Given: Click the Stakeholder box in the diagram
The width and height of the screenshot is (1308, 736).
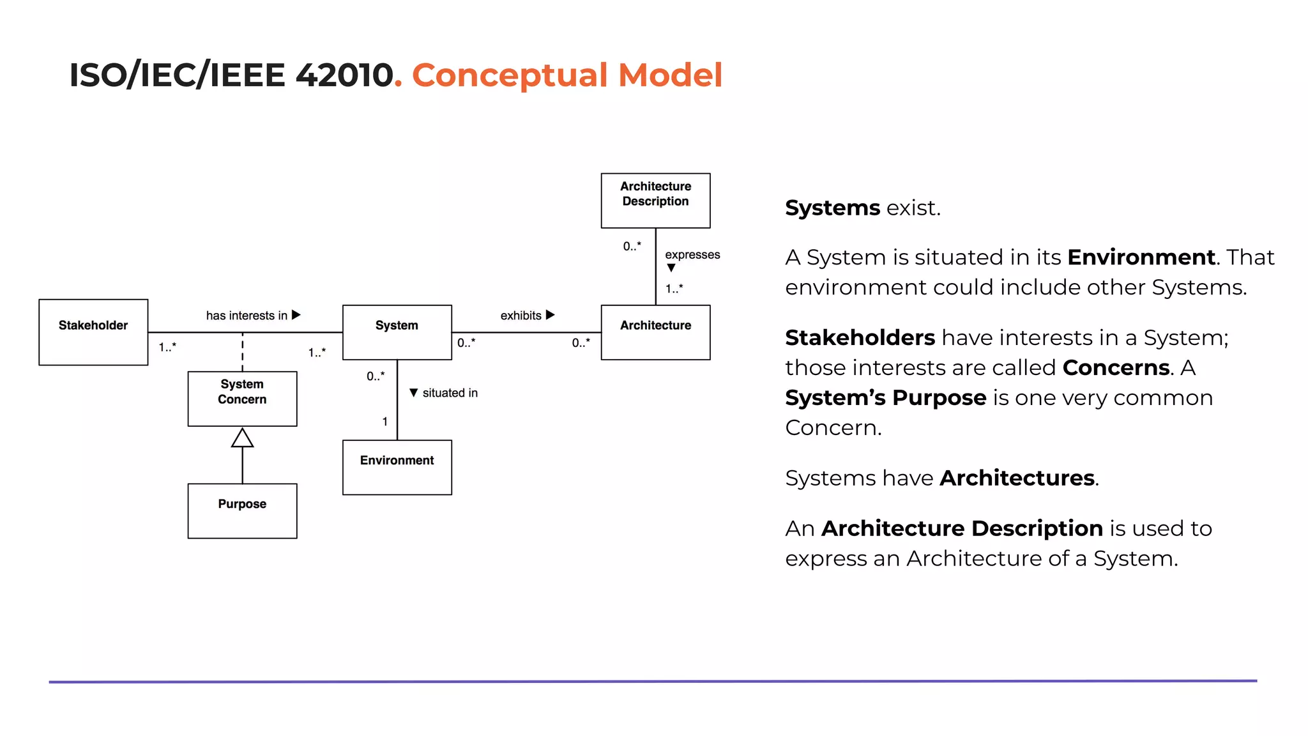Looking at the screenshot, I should pyautogui.click(x=93, y=332).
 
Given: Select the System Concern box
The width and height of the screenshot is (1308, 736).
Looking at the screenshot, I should pyautogui.click(x=242, y=399).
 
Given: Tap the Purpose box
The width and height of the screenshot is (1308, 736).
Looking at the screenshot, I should pyautogui.click(x=242, y=510).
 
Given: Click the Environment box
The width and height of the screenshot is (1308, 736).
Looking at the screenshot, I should pyautogui.click(x=397, y=467).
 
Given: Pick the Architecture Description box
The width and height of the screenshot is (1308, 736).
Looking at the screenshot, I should pyautogui.click(x=655, y=200).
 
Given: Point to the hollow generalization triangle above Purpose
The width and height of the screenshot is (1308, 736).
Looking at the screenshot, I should pyautogui.click(x=242, y=438).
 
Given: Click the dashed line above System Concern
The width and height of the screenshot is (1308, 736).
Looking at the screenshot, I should pyautogui.click(x=243, y=352).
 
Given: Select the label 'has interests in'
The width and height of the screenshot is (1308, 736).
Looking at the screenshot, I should pyautogui.click(x=247, y=316).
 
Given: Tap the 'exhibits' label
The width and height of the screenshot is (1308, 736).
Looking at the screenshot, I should pyautogui.click(x=521, y=316).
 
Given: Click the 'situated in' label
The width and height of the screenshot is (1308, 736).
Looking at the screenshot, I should pyautogui.click(x=450, y=393).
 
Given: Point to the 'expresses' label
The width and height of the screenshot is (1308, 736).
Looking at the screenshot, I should pyautogui.click(x=692, y=254).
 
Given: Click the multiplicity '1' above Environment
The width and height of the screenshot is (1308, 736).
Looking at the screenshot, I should pyautogui.click(x=385, y=422).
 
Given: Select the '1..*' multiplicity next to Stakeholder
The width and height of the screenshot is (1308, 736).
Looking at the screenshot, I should pyautogui.click(x=167, y=347).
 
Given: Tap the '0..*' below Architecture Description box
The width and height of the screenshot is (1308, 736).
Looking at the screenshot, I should pyautogui.click(x=632, y=246).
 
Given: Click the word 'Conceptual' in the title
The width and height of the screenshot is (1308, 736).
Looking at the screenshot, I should pyautogui.click(x=509, y=75).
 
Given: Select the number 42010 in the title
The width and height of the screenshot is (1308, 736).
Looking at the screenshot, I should pyautogui.click(x=344, y=75).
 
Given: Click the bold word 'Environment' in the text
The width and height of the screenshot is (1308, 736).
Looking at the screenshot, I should pyautogui.click(x=1141, y=257).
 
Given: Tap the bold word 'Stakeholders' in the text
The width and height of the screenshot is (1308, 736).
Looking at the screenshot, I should pyautogui.click(x=860, y=338).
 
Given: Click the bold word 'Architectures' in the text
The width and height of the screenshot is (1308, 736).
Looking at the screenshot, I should pyautogui.click(x=1017, y=479).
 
